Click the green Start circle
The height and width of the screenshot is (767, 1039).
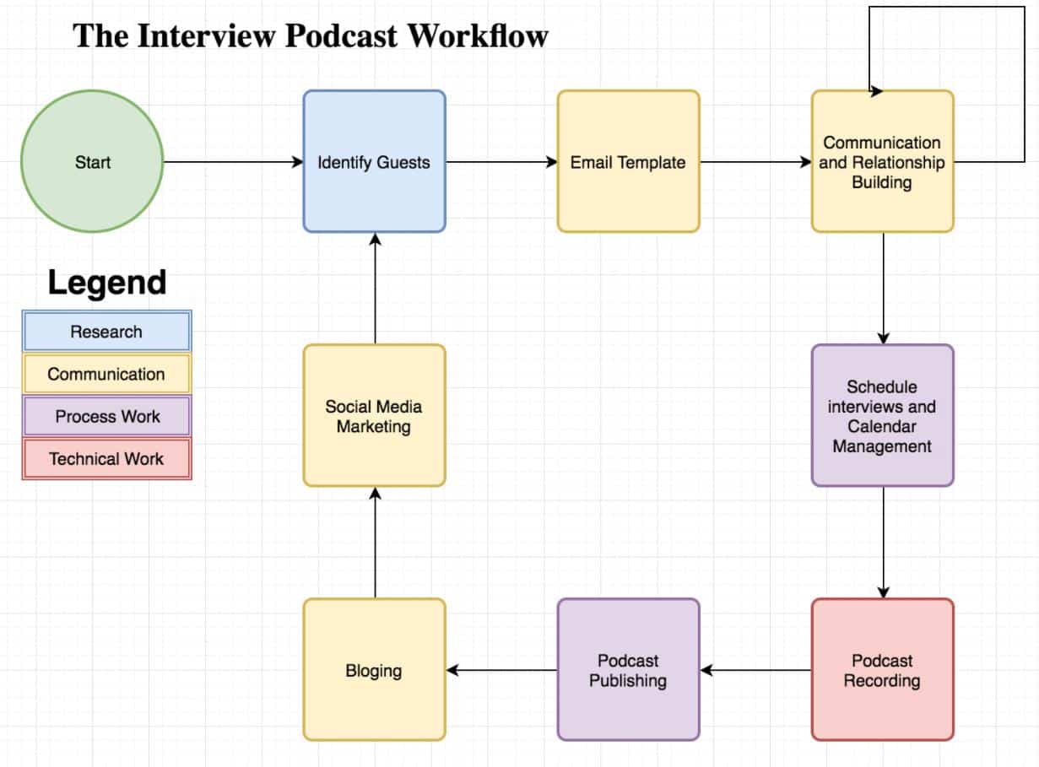click(x=91, y=162)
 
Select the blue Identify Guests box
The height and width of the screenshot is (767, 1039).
click(x=374, y=161)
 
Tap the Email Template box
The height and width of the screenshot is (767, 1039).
click(x=628, y=161)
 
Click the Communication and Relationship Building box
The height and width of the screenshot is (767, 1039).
click(x=882, y=161)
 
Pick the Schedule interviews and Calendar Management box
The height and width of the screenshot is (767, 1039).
click(x=882, y=415)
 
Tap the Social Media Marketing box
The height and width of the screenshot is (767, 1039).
click(x=374, y=415)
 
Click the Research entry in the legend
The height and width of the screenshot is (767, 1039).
click(x=106, y=331)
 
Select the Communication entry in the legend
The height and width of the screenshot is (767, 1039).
click(x=106, y=374)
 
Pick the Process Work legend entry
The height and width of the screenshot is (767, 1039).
click(x=106, y=416)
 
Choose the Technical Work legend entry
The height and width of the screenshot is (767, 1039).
click(x=106, y=459)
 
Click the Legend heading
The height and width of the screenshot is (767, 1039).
click(x=106, y=282)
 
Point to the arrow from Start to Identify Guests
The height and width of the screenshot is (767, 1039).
click(x=232, y=162)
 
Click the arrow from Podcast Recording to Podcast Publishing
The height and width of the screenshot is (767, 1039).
click(x=755, y=670)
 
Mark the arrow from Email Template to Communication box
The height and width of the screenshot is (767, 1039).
click(x=755, y=162)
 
